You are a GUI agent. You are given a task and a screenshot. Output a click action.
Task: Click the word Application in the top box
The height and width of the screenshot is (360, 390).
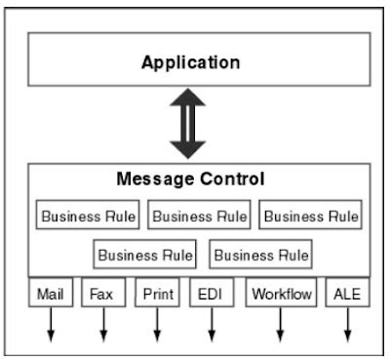point(190,62)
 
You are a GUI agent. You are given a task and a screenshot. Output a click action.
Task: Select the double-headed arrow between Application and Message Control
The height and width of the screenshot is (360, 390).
point(187,124)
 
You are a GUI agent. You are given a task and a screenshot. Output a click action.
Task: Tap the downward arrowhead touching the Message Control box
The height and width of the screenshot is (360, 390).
point(187,148)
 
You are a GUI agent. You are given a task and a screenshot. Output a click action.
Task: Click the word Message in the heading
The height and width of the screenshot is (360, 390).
point(155,180)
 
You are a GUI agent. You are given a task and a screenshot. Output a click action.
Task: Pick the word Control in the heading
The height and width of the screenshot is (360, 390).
point(232,180)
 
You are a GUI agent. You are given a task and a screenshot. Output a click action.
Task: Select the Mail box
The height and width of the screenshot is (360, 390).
point(50,292)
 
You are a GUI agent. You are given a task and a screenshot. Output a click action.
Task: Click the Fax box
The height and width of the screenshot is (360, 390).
point(102,292)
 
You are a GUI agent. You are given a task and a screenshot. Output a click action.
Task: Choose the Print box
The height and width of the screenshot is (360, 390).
point(157,292)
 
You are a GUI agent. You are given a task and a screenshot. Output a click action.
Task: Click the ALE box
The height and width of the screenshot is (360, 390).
point(347,292)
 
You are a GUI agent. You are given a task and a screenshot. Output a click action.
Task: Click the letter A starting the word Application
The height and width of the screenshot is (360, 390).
point(147,62)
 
